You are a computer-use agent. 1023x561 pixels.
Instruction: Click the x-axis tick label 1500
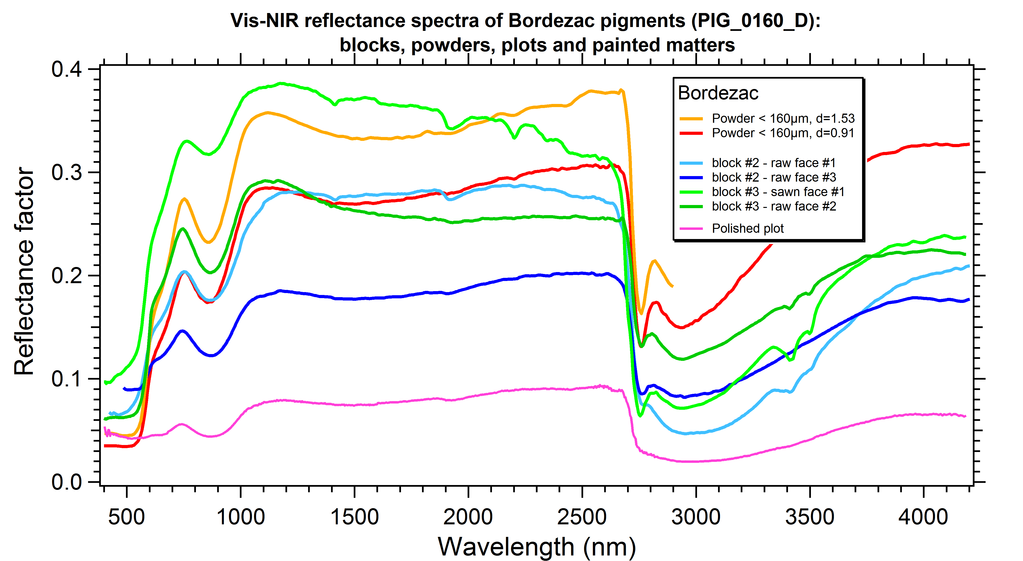354,517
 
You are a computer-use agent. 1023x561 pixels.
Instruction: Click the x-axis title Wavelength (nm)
537,547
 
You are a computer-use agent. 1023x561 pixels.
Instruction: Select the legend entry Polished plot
747,228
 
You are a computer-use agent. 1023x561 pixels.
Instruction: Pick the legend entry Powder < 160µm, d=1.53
783,118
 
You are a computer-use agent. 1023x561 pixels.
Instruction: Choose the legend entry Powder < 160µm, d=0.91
783,133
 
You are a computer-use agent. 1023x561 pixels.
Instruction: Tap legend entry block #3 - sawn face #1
778,192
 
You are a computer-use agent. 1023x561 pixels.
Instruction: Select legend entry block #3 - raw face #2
774,206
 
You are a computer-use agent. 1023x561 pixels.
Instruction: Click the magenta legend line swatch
691,229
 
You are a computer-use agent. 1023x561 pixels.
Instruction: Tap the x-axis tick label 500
126,517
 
